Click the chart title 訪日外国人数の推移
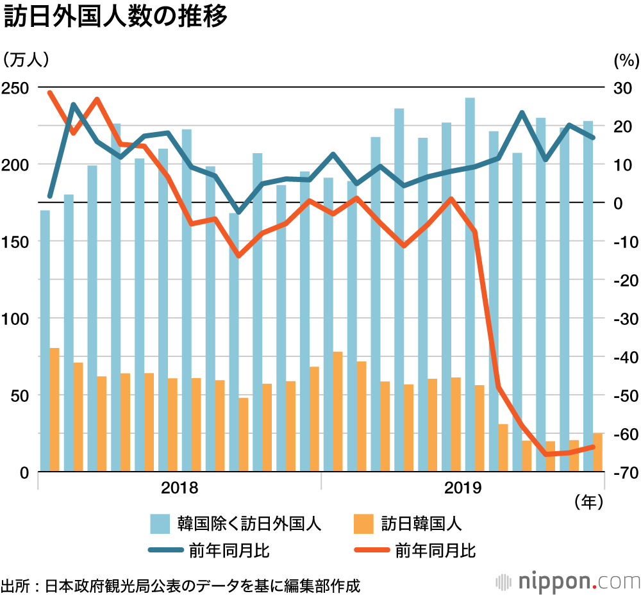click(115, 17)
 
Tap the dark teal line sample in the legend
click(165, 550)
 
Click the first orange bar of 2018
click(54, 410)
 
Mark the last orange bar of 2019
click(597, 452)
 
